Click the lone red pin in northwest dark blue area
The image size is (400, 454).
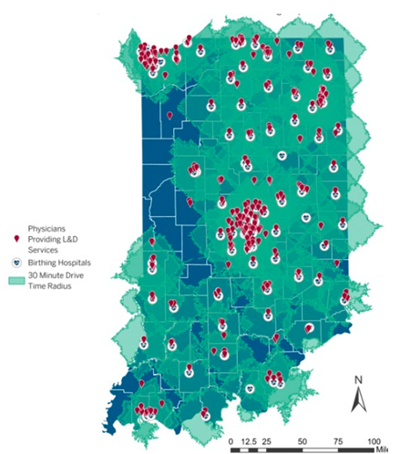pyautogui.click(x=169, y=116)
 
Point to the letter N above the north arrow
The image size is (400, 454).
pyautogui.click(x=358, y=380)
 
